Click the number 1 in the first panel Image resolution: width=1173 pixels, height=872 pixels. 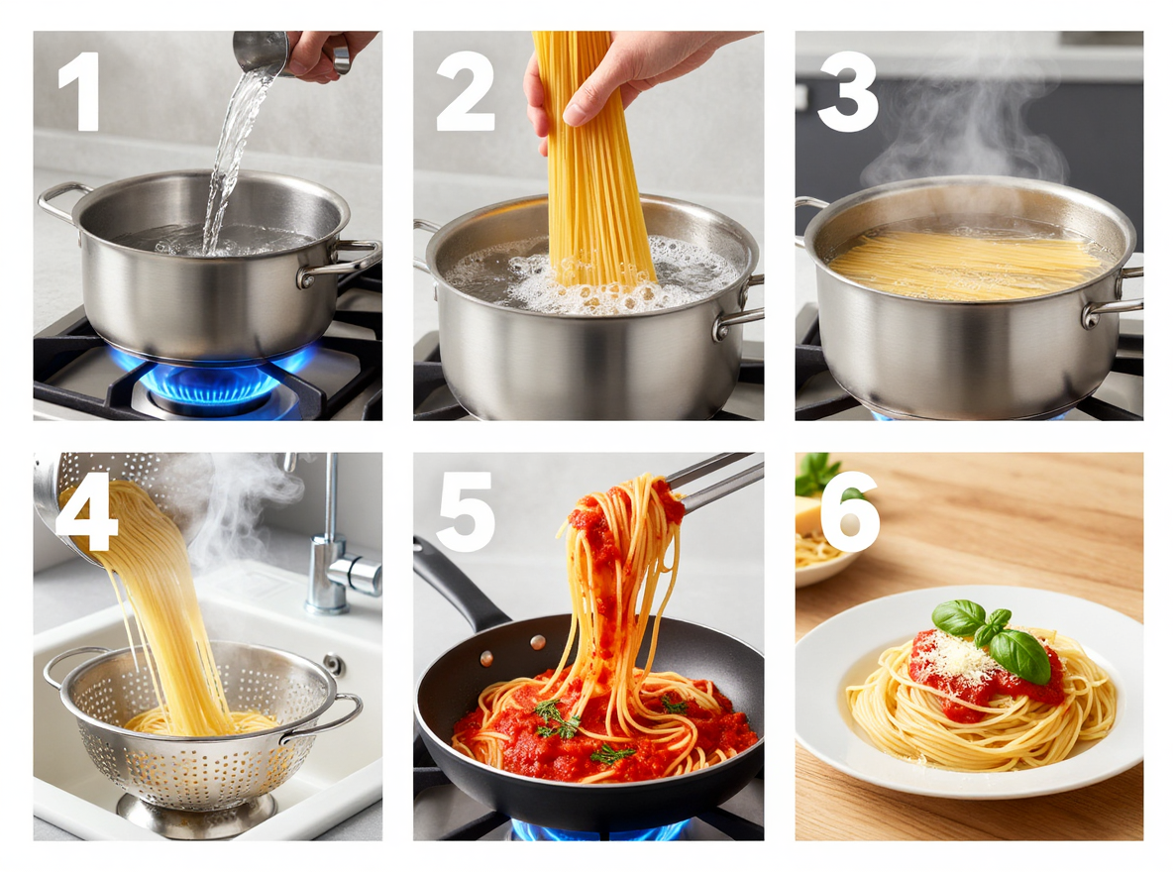coord(79,91)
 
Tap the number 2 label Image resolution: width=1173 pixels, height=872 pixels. coord(465,91)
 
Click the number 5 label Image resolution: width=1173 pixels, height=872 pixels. coord(465,511)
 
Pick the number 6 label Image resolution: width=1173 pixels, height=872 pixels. coord(849,511)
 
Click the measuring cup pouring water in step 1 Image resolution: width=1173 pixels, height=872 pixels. coord(261,52)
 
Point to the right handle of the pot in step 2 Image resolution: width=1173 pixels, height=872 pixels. coord(739,315)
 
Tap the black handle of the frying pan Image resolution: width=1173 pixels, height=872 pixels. coord(456,585)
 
